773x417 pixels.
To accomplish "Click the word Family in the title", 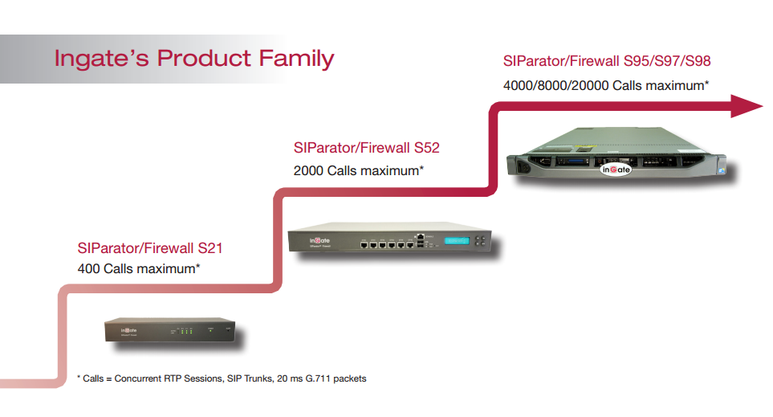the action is click(296, 59).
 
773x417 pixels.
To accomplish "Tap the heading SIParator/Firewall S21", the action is click(150, 247).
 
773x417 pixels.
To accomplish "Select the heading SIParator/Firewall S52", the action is click(366, 148).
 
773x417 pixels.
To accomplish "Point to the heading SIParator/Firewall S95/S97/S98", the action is click(607, 61).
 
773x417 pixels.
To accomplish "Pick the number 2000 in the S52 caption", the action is click(308, 171).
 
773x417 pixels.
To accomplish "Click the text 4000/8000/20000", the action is click(555, 85).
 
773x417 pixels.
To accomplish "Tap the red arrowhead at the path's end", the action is click(747, 106).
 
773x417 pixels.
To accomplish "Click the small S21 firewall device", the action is click(169, 329).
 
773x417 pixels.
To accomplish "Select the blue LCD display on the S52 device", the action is click(457, 241).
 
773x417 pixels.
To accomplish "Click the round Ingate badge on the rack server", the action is click(616, 170).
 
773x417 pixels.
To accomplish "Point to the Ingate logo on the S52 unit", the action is click(319, 240).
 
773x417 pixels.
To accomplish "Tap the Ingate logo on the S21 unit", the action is click(128, 330).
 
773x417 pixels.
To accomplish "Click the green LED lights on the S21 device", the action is click(186, 332).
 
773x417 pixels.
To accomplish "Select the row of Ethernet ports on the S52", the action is click(387, 243).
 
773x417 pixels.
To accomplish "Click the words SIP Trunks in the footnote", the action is click(250, 378).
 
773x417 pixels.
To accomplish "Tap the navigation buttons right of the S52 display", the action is click(480, 241).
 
